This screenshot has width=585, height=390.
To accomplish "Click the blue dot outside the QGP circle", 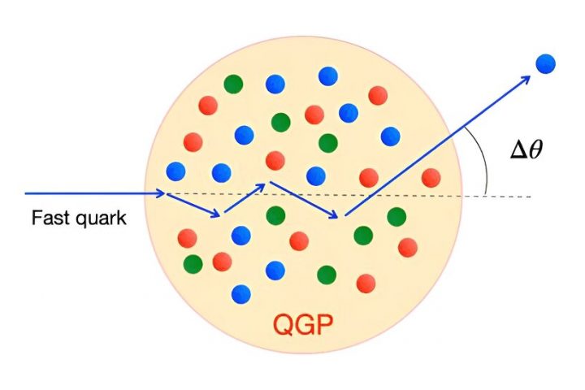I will coord(544,63).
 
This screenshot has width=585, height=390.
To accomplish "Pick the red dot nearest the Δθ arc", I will coord(431,177).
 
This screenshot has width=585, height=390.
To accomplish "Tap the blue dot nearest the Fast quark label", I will coord(175,171).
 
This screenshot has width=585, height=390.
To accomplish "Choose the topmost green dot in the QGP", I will coord(234,83).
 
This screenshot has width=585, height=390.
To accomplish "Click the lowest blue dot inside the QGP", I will coord(240,293).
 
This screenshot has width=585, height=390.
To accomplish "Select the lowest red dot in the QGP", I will coord(366,283).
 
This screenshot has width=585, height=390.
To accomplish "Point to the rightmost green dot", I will coord(396,217).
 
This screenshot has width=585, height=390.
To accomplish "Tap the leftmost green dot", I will coord(193,264).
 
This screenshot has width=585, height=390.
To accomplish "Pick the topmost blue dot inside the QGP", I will coord(328,76).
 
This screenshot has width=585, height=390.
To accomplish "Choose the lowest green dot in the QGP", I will coord(327,275).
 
